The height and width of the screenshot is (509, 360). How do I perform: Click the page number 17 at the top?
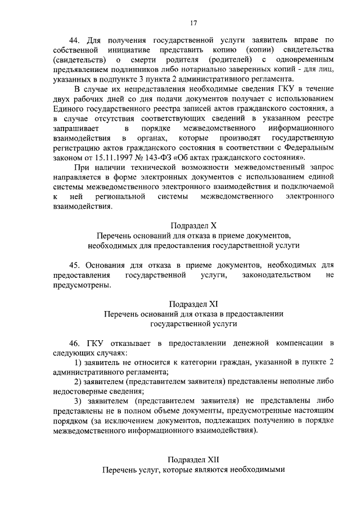point(193,23)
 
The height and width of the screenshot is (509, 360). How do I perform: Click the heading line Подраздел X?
point(193,226)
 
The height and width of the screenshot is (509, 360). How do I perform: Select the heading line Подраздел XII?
point(193,458)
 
